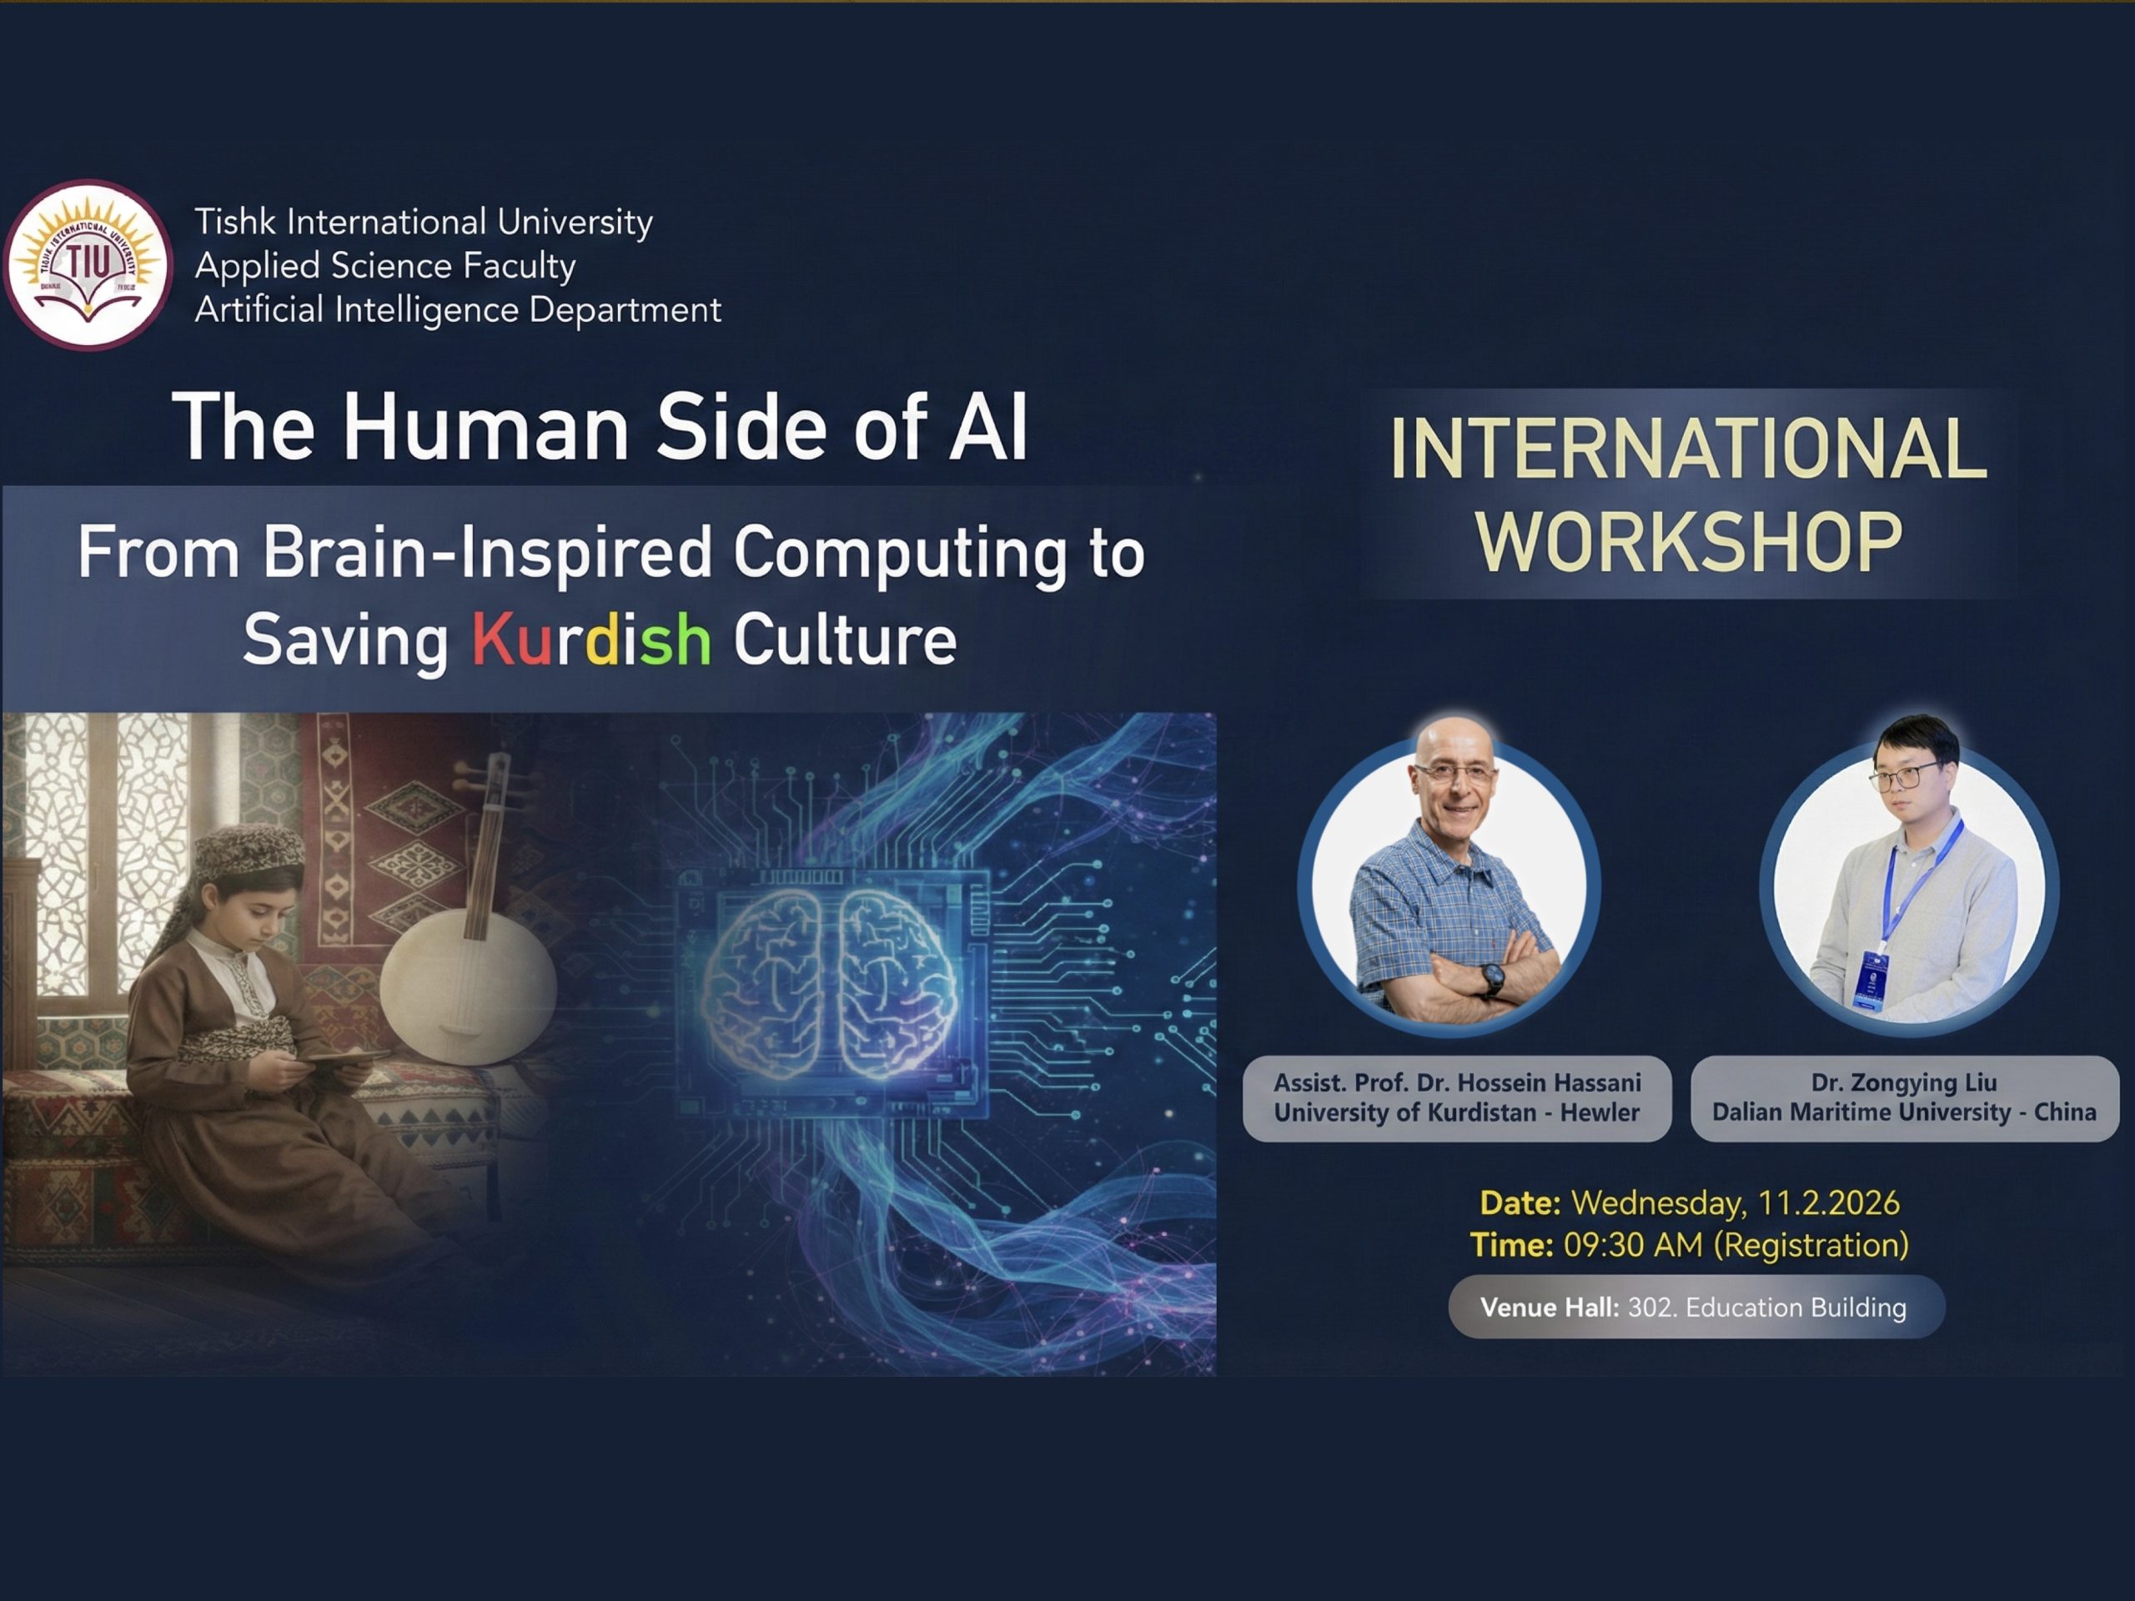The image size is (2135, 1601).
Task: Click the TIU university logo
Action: pos(88,265)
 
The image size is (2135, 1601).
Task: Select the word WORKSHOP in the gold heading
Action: pos(1689,542)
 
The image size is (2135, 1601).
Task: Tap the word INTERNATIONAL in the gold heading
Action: pos(1688,448)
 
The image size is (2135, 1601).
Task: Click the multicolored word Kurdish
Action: pos(591,639)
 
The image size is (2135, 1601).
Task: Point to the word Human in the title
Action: pos(486,427)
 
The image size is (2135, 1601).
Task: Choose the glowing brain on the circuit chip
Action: pos(831,984)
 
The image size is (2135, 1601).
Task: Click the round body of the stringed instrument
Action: pos(468,984)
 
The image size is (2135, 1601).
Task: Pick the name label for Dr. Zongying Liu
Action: pos(1904,1098)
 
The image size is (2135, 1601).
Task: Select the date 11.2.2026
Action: pos(1828,1202)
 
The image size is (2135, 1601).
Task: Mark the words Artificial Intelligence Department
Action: pos(458,311)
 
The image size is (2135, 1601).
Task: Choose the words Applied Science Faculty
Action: pos(385,265)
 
